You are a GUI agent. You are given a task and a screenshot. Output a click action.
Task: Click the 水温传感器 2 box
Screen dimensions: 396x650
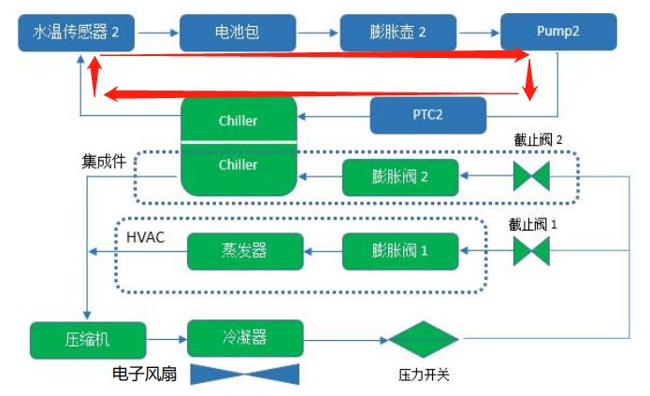click(77, 32)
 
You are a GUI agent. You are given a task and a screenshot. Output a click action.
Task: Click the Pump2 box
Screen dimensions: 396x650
click(559, 31)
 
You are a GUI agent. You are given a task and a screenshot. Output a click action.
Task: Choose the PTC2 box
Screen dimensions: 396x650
click(428, 116)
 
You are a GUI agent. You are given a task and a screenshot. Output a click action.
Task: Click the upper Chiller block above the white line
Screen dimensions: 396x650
click(238, 120)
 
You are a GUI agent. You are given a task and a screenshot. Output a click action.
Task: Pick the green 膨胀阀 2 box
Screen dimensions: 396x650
click(399, 177)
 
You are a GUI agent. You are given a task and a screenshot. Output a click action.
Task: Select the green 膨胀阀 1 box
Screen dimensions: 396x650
click(399, 249)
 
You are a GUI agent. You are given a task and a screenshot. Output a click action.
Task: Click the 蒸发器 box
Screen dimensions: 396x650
click(245, 249)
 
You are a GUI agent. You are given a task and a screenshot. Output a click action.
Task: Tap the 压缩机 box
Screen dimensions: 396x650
click(88, 338)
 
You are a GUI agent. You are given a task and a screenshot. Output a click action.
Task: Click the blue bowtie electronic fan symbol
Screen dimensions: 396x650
click(245, 375)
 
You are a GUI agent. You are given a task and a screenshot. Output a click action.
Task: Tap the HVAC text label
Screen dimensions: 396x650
click(145, 238)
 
